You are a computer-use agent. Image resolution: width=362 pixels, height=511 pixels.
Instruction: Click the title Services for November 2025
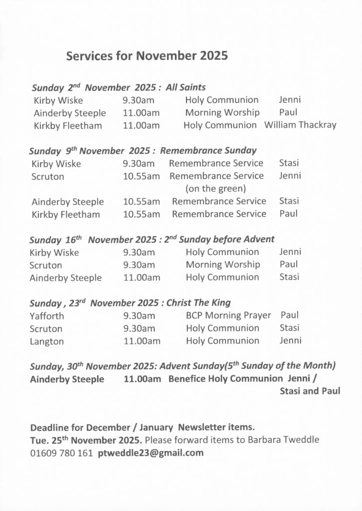(147, 56)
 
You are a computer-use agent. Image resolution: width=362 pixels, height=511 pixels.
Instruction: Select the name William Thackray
(300, 125)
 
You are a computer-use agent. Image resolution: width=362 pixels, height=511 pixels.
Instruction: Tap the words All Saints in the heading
(186, 87)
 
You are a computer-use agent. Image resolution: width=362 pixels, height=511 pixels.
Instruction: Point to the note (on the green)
(215, 189)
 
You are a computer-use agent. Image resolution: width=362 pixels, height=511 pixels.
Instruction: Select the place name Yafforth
(47, 316)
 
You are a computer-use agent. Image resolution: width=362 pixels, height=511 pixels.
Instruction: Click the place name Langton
(46, 341)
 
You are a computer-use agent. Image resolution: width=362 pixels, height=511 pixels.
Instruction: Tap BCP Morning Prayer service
(228, 315)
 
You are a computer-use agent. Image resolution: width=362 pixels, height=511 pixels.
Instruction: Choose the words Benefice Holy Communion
(225, 379)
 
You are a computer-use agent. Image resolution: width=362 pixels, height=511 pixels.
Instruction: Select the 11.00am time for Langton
(142, 341)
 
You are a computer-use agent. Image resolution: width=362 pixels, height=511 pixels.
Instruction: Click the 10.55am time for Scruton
(142, 176)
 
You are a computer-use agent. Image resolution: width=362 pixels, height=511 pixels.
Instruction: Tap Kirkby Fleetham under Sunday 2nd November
(68, 126)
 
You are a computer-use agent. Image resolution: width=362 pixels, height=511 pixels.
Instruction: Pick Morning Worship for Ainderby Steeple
(222, 113)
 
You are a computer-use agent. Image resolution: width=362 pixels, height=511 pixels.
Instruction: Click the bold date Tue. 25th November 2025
(86, 440)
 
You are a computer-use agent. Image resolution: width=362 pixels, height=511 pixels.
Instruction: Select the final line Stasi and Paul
(310, 391)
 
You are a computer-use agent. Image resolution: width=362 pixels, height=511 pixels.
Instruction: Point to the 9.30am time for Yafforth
(139, 316)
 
